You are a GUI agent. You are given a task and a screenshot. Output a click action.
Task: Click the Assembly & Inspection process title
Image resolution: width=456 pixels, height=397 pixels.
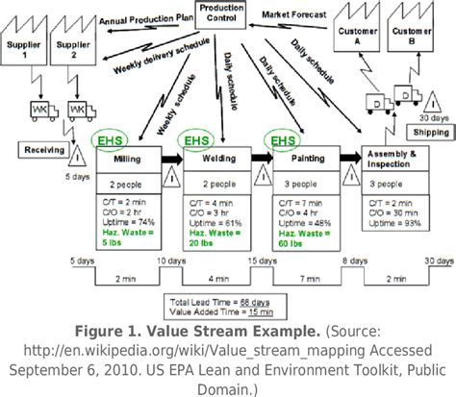[393, 157]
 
